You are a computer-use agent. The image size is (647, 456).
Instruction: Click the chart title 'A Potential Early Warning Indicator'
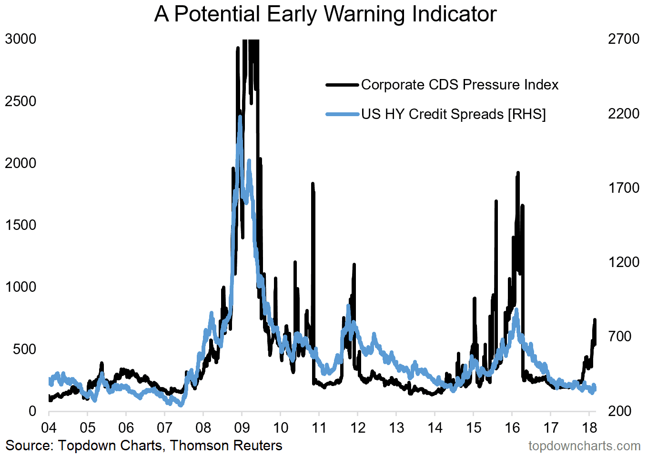coord(325,14)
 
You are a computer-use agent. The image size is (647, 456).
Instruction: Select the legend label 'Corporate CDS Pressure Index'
coord(460,85)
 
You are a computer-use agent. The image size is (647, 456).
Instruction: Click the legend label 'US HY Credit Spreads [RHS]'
coord(453,114)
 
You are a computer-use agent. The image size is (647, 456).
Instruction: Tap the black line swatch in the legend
coord(342,85)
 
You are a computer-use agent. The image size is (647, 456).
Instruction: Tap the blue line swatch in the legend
coord(342,114)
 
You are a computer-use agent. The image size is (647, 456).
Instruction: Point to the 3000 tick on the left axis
coord(20,39)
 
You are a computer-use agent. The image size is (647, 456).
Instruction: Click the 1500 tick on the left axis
coord(20,225)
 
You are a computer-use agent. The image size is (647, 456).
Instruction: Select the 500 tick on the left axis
coord(25,349)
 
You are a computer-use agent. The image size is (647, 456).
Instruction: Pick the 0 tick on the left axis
coord(32,411)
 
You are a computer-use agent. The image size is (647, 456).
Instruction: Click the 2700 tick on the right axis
coord(624,39)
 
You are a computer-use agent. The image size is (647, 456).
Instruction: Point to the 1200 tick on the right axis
coord(624,262)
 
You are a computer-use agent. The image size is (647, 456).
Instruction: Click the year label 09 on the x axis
coord(242,427)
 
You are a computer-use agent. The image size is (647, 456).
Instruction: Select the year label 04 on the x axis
coord(49,427)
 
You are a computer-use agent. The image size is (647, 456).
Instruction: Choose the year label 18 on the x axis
coord(589,427)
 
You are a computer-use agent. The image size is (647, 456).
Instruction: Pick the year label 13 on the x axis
coord(396,427)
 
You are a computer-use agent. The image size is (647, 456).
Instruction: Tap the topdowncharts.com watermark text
coord(584,446)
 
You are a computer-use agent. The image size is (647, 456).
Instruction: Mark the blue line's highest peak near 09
coord(240,117)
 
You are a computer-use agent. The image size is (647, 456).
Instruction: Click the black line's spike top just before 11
coord(313,184)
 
